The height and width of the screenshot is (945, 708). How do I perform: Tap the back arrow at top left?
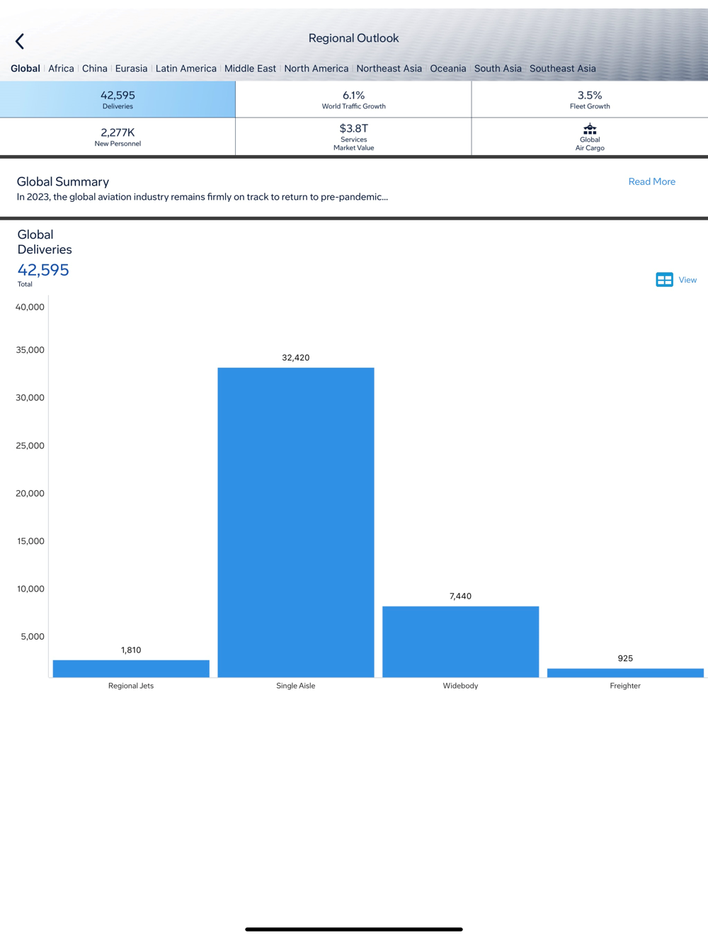(x=20, y=42)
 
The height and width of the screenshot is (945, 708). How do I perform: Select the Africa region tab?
(x=61, y=69)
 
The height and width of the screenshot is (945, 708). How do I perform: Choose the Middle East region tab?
(x=250, y=69)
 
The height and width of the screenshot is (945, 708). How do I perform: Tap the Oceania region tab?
(x=448, y=69)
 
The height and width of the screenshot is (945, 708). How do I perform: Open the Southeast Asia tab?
(x=562, y=69)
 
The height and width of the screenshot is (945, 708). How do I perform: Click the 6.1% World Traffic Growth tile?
(x=353, y=99)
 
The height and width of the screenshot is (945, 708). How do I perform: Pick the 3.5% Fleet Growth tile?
(x=590, y=99)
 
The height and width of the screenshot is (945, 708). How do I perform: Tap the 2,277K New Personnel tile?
(x=118, y=137)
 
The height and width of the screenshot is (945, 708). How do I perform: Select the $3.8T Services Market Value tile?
(x=353, y=137)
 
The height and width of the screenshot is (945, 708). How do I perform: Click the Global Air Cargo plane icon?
(x=590, y=129)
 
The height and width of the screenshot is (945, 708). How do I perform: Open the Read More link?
(x=651, y=182)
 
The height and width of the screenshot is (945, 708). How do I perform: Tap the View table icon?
(x=664, y=280)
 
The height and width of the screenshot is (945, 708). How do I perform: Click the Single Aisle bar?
(x=296, y=522)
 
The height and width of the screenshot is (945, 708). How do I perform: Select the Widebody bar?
(x=460, y=641)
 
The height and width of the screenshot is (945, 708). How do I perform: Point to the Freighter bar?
(x=625, y=672)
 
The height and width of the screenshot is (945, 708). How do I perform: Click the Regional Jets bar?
(x=131, y=668)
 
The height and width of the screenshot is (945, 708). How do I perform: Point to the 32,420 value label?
(x=296, y=358)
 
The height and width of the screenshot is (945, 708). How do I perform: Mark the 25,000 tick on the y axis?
(x=30, y=446)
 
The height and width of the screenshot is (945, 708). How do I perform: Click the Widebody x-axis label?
(x=460, y=686)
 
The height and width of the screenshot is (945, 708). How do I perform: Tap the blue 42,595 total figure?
(x=43, y=270)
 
